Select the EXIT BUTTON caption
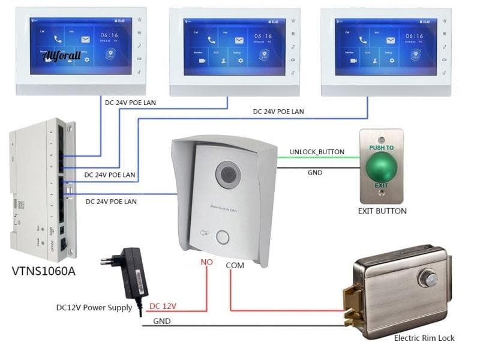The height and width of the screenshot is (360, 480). point(382,211)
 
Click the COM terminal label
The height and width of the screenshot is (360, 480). point(235,265)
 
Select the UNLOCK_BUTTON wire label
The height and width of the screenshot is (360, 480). point(317,152)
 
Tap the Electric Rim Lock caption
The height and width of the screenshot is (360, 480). point(424,338)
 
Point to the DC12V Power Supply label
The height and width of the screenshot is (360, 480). point(94,308)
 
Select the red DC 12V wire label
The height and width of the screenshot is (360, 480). point(163,306)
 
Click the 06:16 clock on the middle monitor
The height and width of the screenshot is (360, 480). point(261,36)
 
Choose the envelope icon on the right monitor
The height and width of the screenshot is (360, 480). point(390,40)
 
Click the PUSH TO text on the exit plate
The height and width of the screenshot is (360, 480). point(382,147)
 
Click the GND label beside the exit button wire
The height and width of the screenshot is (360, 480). point(314,173)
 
